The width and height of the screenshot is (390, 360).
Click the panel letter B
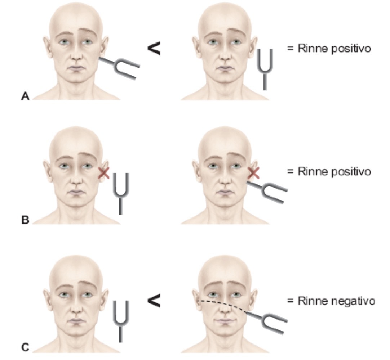coord(25,220)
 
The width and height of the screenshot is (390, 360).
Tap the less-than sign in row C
coord(153,302)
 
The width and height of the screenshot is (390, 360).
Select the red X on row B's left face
coord(104,174)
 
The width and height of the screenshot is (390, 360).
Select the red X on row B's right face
coord(254,174)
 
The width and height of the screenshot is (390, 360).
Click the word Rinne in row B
coord(308,172)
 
